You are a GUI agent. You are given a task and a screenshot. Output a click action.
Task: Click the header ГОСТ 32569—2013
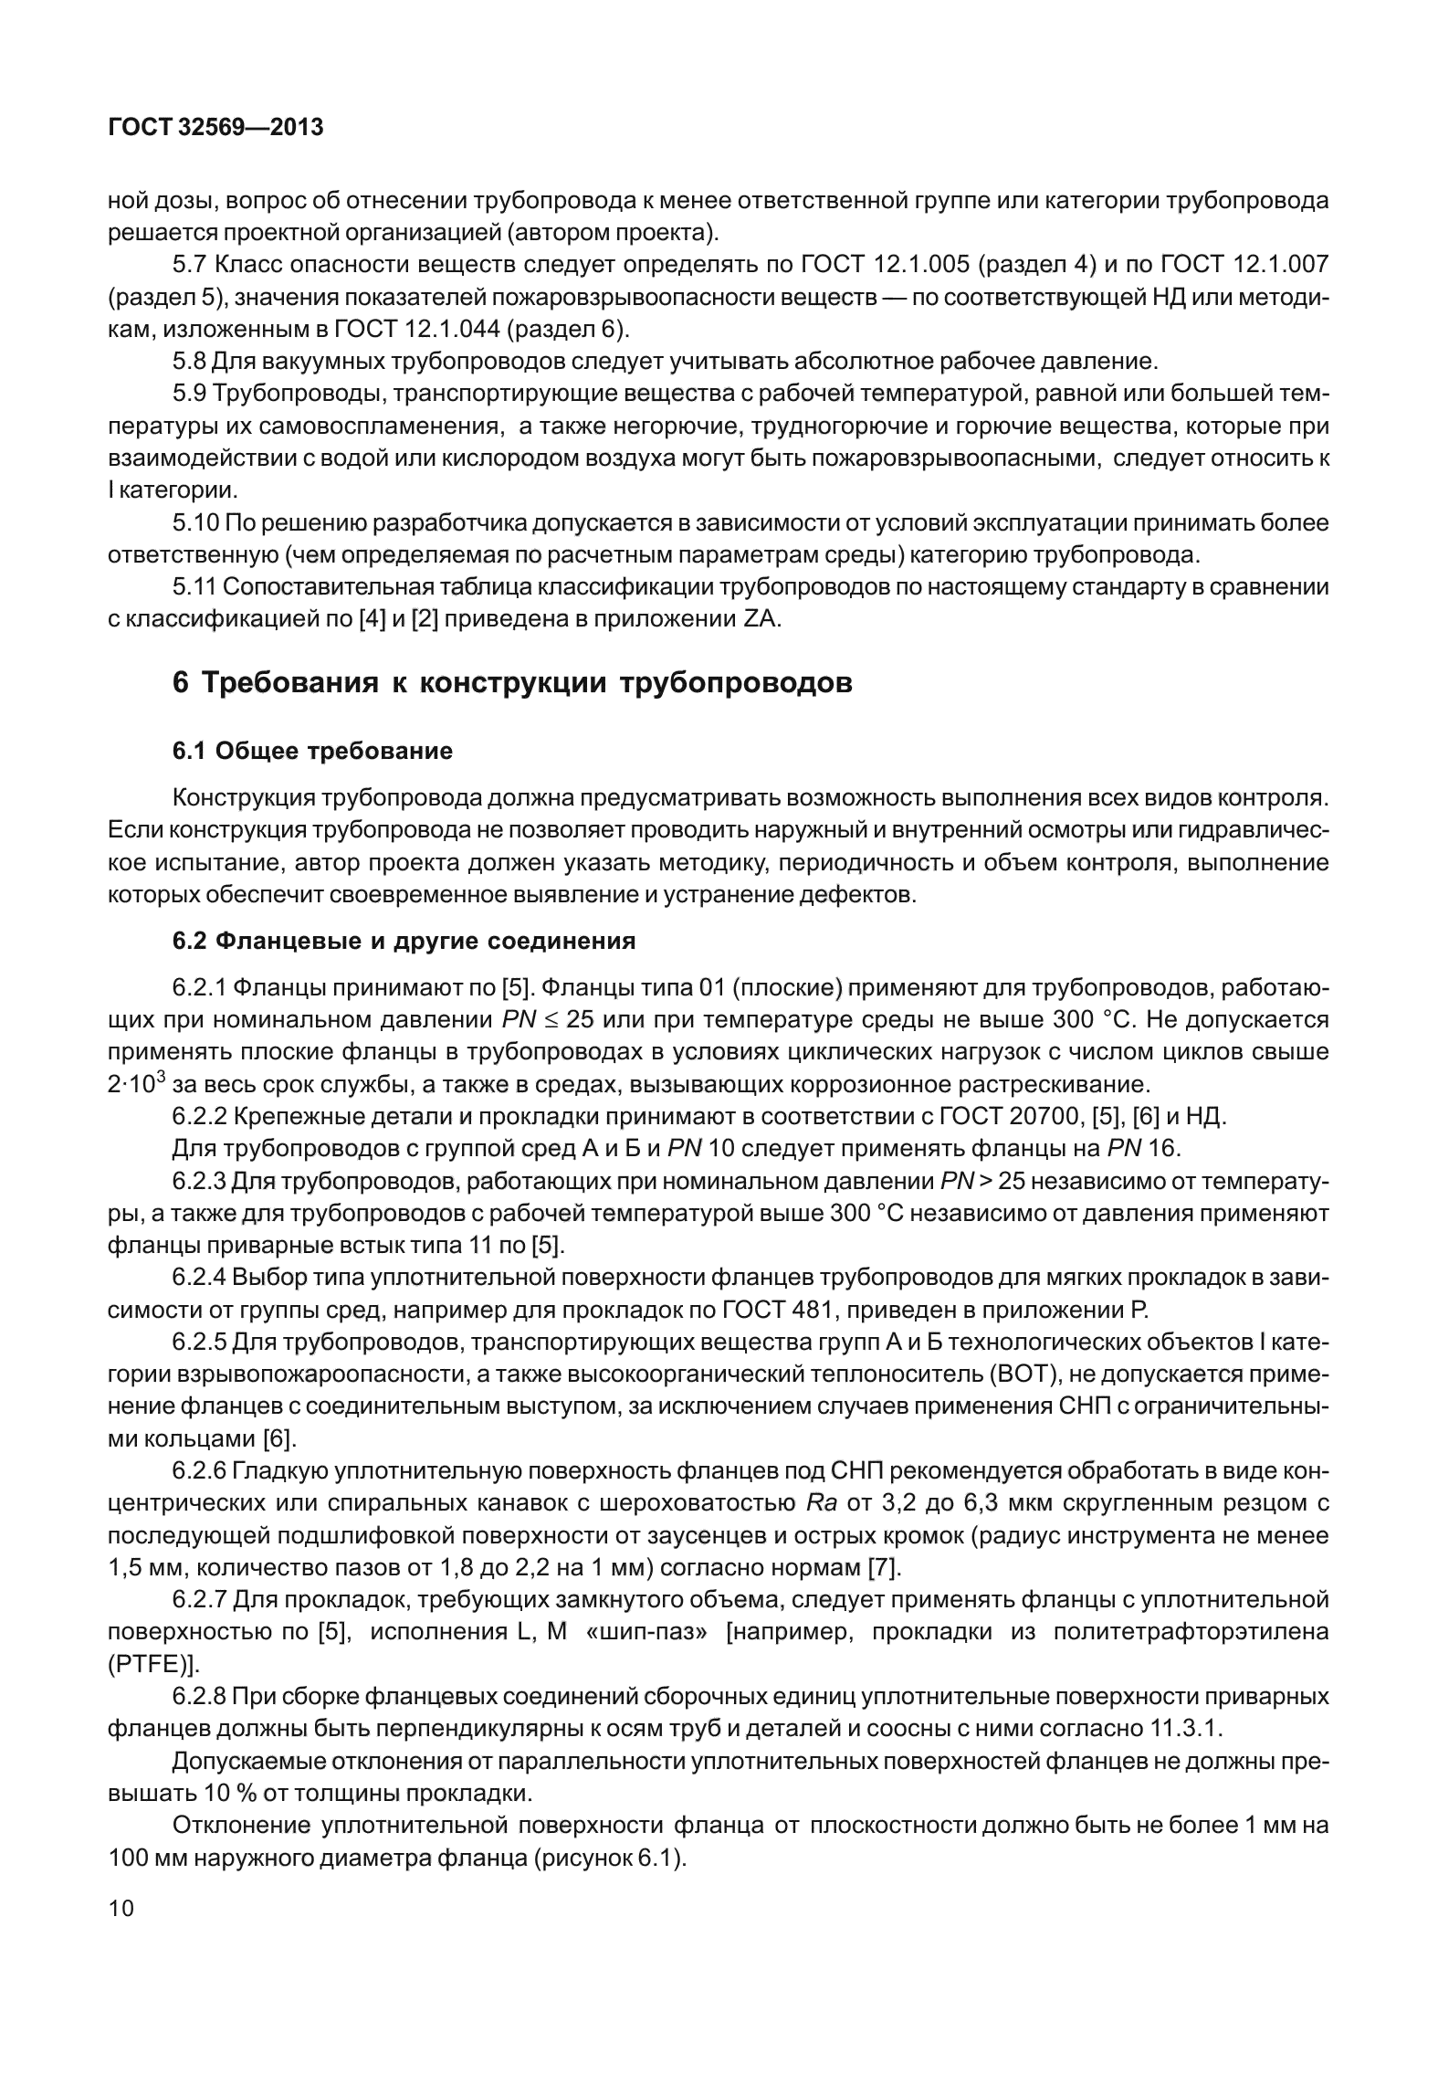pyautogui.click(x=215, y=128)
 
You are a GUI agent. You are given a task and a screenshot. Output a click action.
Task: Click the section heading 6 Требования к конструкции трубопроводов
pyautogui.click(x=512, y=682)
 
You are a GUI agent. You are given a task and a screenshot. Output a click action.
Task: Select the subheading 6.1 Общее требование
pyautogui.click(x=312, y=752)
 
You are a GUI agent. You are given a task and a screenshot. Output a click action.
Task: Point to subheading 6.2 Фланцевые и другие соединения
pyautogui.click(x=404, y=941)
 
